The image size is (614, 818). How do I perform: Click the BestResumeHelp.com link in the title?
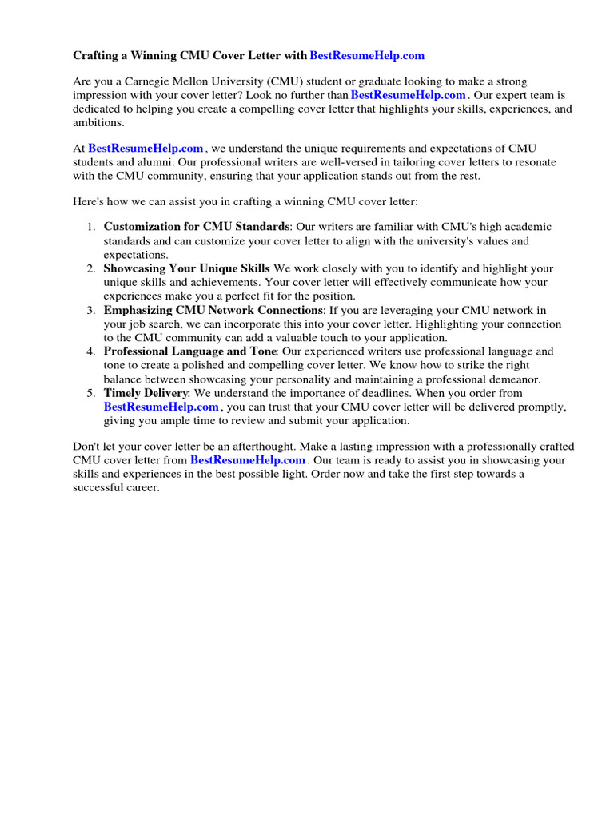(367, 55)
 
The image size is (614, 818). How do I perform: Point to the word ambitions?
(98, 123)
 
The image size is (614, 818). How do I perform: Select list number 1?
(91, 228)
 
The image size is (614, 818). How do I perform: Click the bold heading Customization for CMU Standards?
(196, 228)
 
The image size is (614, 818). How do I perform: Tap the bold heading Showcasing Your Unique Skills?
(186, 268)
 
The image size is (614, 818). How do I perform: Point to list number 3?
(91, 310)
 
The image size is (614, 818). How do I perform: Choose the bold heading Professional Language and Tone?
(189, 351)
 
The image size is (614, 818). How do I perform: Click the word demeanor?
(515, 379)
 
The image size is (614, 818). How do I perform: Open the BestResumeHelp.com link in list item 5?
(161, 407)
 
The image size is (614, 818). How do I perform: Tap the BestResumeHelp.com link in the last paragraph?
(248, 460)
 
